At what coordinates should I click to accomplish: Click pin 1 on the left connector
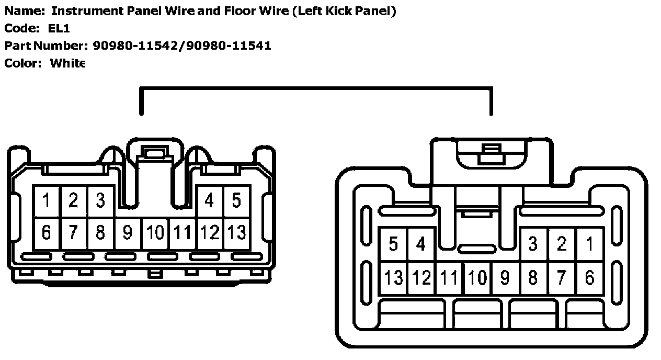coord(47,200)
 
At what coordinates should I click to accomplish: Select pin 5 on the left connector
coord(236,200)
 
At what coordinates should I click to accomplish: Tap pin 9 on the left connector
coord(127,232)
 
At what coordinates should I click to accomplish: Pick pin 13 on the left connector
coord(236,232)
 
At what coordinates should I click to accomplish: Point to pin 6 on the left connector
coord(47,232)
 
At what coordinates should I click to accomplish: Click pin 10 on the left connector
coord(155,232)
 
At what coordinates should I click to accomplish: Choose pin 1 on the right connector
coord(589,244)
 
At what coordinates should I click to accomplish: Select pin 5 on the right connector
coord(393,244)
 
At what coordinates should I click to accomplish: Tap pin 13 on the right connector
coord(393,277)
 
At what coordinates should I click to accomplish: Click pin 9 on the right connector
coord(505,277)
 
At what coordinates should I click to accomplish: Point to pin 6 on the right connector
coord(589,277)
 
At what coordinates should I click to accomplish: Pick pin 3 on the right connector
coord(533,244)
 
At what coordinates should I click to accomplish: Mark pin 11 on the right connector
coord(449,277)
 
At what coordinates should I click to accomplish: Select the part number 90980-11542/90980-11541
coord(182,46)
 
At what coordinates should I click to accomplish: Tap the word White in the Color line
coord(67,63)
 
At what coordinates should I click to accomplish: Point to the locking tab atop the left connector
coord(155,153)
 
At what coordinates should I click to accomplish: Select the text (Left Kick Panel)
coord(344,11)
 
